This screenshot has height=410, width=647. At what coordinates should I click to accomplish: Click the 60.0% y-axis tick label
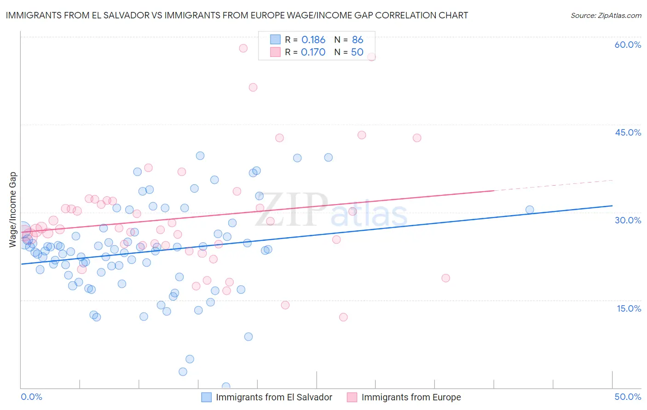click(x=628, y=45)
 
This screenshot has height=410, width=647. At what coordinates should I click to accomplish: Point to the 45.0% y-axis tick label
click(x=628, y=132)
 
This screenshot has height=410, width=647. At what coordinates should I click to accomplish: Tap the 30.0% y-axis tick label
click(x=628, y=220)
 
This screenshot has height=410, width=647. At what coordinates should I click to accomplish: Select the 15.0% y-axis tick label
click(x=629, y=308)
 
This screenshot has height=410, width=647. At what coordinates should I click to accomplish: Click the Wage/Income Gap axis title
click(x=13, y=210)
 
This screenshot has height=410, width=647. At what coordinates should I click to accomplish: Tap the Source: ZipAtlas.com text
click(x=606, y=16)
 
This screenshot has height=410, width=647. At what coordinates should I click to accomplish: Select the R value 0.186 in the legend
click(x=313, y=40)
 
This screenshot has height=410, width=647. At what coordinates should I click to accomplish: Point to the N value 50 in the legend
click(x=357, y=52)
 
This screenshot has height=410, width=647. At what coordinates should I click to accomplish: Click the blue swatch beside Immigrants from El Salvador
click(x=207, y=397)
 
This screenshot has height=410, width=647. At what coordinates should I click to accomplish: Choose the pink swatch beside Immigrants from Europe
click(x=352, y=397)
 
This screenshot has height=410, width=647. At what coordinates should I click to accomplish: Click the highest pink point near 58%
click(x=243, y=48)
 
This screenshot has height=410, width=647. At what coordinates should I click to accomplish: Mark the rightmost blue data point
click(x=530, y=210)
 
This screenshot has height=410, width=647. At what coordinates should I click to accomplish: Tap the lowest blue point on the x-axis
click(x=226, y=387)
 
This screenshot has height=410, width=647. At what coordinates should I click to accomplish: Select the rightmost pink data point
click(x=445, y=278)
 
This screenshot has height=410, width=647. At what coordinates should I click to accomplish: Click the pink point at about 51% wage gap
click(x=253, y=87)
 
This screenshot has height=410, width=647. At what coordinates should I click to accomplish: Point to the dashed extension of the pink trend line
click(x=552, y=185)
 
